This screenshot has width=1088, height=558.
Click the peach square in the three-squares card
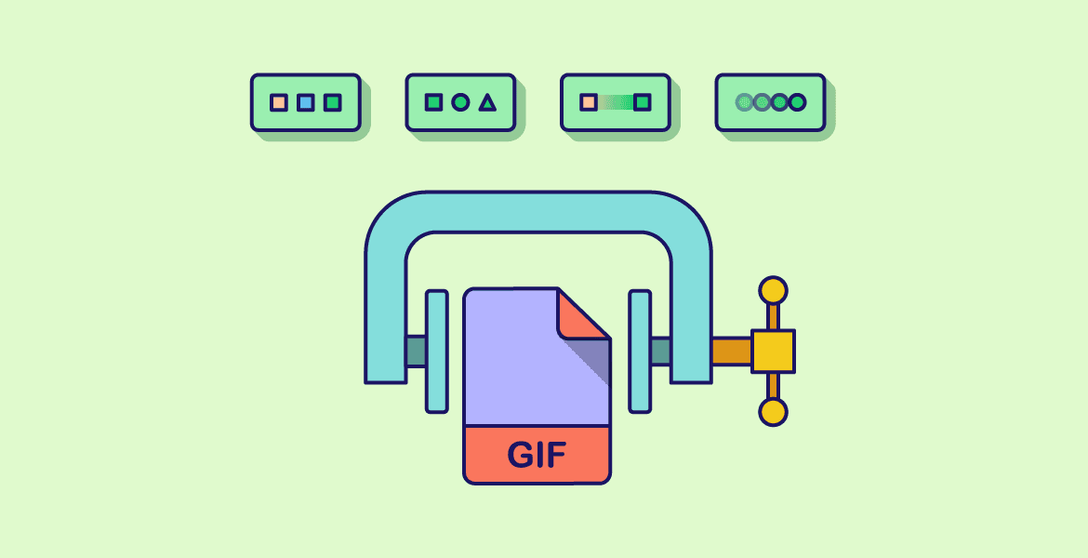click(278, 102)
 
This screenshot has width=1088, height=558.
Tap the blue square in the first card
click(305, 102)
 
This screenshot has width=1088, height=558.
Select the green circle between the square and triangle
click(460, 102)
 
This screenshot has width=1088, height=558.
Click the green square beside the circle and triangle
click(433, 102)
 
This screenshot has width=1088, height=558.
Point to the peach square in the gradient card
click(588, 102)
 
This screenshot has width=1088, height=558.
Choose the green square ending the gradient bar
click(642, 102)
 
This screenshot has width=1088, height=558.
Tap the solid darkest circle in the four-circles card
click(797, 102)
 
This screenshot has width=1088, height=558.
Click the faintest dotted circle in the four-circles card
click(744, 102)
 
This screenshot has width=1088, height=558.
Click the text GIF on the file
click(537, 456)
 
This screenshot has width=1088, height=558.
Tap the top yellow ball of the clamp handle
click(773, 290)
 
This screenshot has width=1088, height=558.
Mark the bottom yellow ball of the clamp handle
click(773, 411)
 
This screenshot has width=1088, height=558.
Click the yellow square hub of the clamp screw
click(773, 351)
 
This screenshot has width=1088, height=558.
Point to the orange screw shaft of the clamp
click(731, 351)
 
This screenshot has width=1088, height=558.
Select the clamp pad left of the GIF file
click(436, 351)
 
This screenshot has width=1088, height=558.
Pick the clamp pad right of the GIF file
click(640, 351)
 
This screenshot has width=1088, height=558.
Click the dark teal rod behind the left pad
click(416, 351)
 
